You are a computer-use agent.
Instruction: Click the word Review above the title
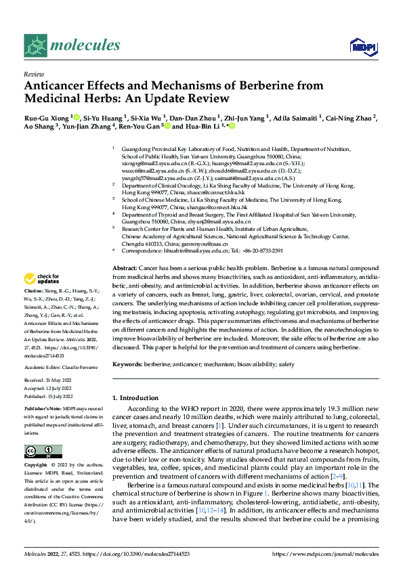click(x=33, y=74)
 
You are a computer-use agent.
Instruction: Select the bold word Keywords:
click(x=127, y=364)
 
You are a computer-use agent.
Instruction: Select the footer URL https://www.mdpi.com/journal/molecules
click(x=324, y=554)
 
